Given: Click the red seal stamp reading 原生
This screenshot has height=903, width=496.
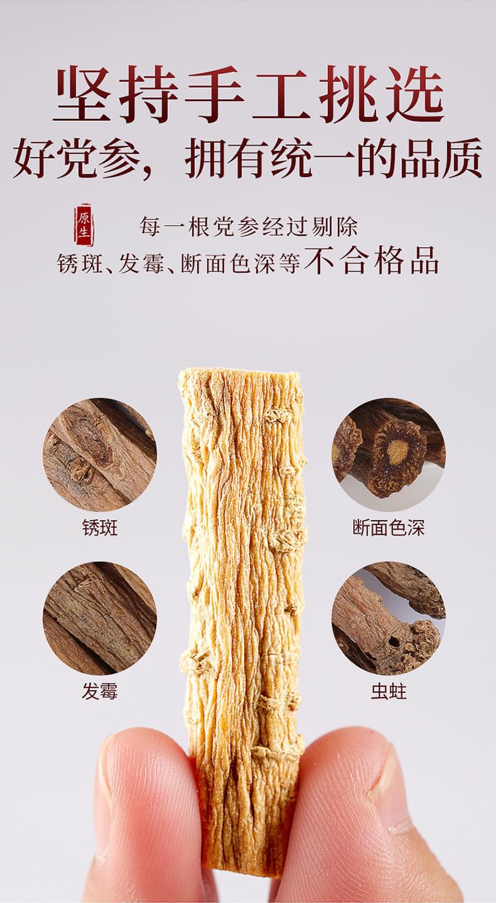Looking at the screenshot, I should [x=83, y=225].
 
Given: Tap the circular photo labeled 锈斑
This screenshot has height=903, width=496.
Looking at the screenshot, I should [x=100, y=454].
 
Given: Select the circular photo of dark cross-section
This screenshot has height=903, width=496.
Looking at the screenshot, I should [x=388, y=454].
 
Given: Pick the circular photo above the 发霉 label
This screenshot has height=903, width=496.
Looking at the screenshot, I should [x=100, y=618].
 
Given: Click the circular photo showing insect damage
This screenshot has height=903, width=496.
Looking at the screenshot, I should [x=388, y=618].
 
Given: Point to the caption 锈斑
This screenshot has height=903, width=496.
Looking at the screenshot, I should [x=100, y=528].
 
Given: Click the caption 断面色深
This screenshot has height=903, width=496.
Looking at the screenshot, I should [x=388, y=528].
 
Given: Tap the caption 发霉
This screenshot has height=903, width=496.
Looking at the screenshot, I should [x=100, y=692].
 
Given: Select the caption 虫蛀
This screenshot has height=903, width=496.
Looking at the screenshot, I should [x=388, y=692].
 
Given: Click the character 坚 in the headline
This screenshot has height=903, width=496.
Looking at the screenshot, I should [x=83, y=94].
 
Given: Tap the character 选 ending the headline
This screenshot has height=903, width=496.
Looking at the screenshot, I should [x=415, y=94].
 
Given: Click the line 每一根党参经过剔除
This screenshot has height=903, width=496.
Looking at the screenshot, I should [x=249, y=227].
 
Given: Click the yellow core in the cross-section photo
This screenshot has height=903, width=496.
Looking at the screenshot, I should [x=397, y=451].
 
